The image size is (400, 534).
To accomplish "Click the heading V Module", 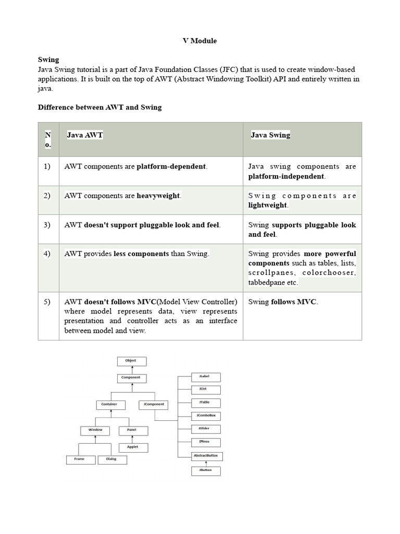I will [199, 41].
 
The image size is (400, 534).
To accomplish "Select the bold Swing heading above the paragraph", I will [48, 60].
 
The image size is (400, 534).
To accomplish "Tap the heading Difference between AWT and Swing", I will [100, 107].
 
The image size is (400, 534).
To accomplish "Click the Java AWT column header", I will [85, 135].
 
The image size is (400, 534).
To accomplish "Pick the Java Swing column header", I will [270, 135].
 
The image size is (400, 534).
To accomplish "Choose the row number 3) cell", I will [47, 225].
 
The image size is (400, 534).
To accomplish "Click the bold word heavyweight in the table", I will [158, 196].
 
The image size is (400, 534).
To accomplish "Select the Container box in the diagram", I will [110, 404].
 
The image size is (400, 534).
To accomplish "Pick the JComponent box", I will [154, 404].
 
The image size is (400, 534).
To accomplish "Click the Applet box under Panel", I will [133, 447].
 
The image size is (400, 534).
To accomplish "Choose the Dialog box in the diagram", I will [111, 459].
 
